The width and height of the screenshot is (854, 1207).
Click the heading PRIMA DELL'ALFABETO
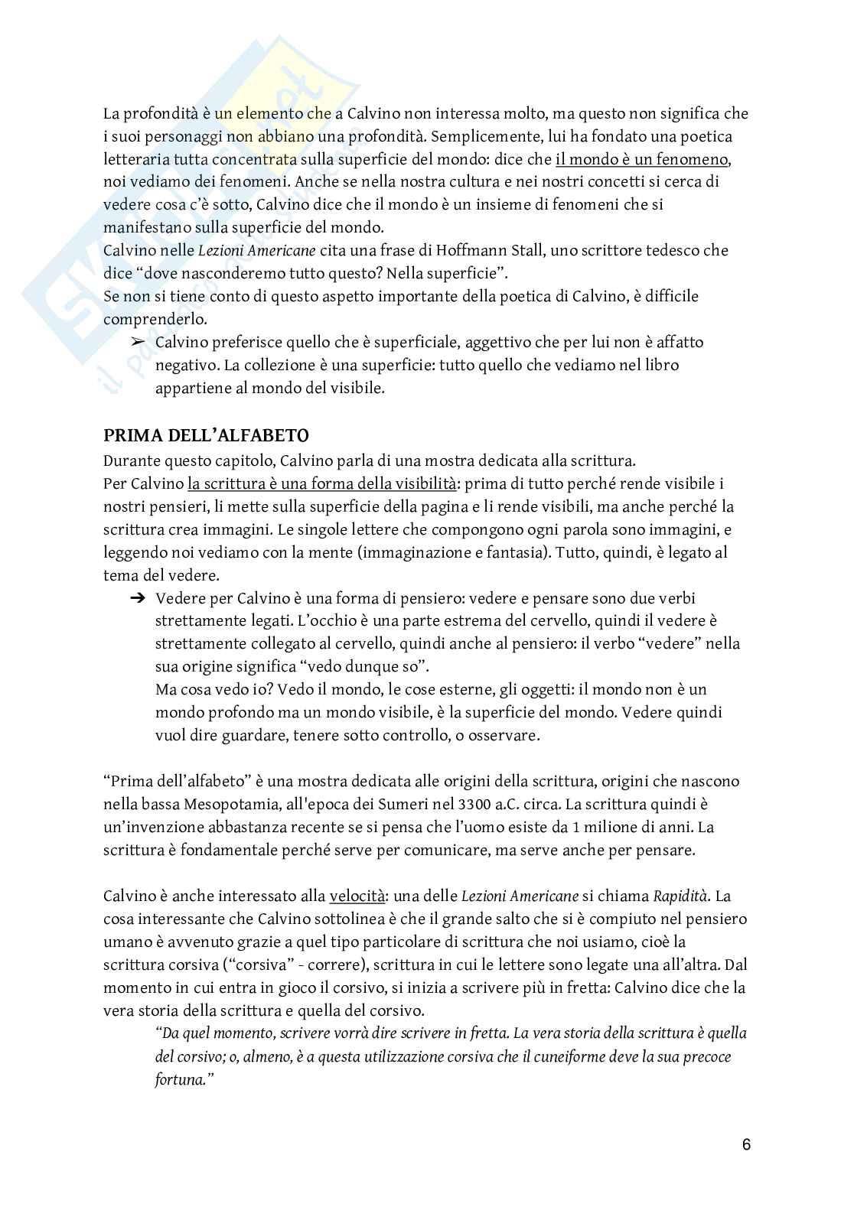point(206,437)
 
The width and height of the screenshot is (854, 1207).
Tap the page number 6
point(746,1145)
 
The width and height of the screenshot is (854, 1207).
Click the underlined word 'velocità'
point(357,896)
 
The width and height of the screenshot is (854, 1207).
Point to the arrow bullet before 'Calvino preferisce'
point(138,343)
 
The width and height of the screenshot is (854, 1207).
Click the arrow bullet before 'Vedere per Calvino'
point(138,599)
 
